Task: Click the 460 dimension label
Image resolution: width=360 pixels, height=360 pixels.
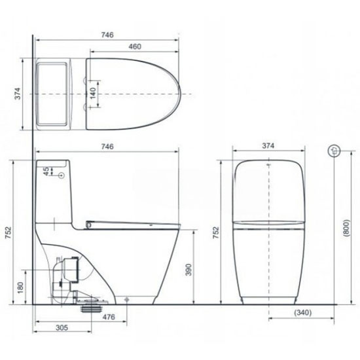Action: pos(135,46)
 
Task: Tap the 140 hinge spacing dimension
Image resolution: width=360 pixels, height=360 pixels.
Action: pos(93,93)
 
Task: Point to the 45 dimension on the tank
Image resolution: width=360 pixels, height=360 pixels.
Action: pos(46,171)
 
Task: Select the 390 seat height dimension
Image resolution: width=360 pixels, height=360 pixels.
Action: pos(189,270)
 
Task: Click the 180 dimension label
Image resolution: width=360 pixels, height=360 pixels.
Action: pos(20,288)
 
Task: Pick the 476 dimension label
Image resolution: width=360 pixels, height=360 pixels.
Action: pos(109,317)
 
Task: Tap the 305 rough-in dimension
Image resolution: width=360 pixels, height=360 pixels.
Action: pos(62,328)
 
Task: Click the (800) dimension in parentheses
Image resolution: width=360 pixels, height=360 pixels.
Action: pos(346,228)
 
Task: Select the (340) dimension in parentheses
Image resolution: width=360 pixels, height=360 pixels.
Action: pos(303,312)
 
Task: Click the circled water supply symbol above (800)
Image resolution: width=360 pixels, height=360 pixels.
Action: pos(334,151)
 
